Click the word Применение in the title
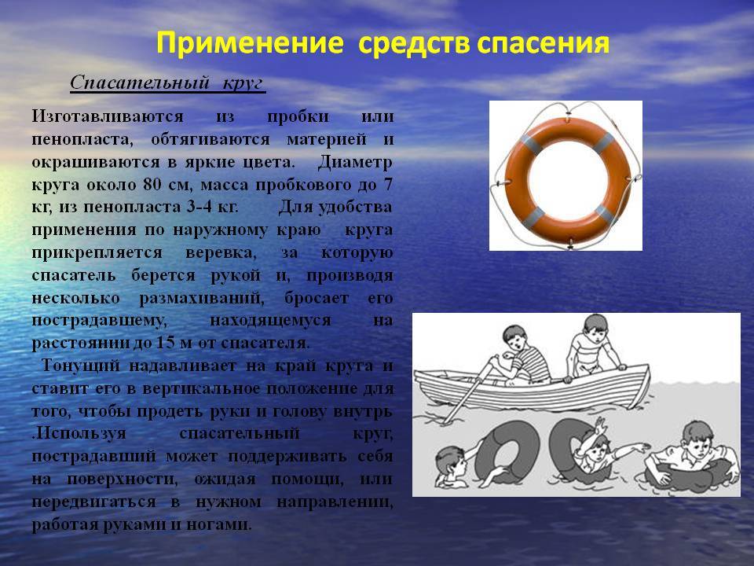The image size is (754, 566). pos(250,43)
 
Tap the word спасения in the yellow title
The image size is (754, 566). pos(544,43)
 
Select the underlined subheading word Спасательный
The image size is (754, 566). pos(141,83)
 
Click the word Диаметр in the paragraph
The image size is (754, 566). pos(355,162)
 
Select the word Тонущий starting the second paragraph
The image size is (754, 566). pos(81,366)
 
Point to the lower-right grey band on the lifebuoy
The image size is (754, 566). pos(605,215)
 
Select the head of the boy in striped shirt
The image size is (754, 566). pos(514,338)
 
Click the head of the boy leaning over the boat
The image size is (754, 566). pos(595,329)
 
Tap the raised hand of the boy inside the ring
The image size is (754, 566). pos(599,425)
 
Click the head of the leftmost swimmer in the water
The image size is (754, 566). pos(451,463)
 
